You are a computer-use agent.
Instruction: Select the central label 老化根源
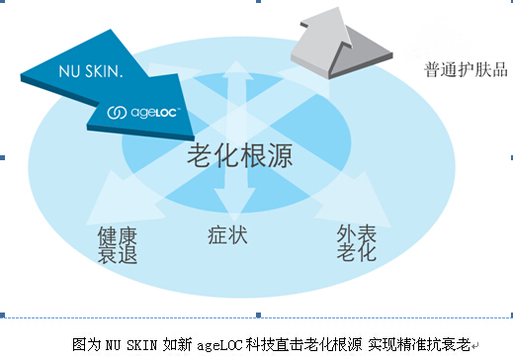(231, 154)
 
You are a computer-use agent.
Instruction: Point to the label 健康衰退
(117, 245)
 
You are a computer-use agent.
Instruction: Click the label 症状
(228, 236)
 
